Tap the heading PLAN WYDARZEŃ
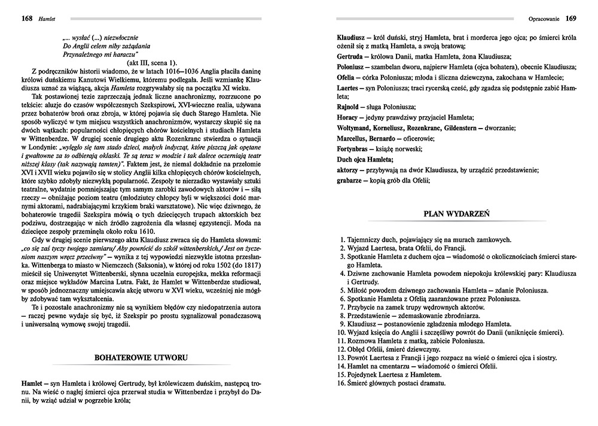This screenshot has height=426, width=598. (457, 212)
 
